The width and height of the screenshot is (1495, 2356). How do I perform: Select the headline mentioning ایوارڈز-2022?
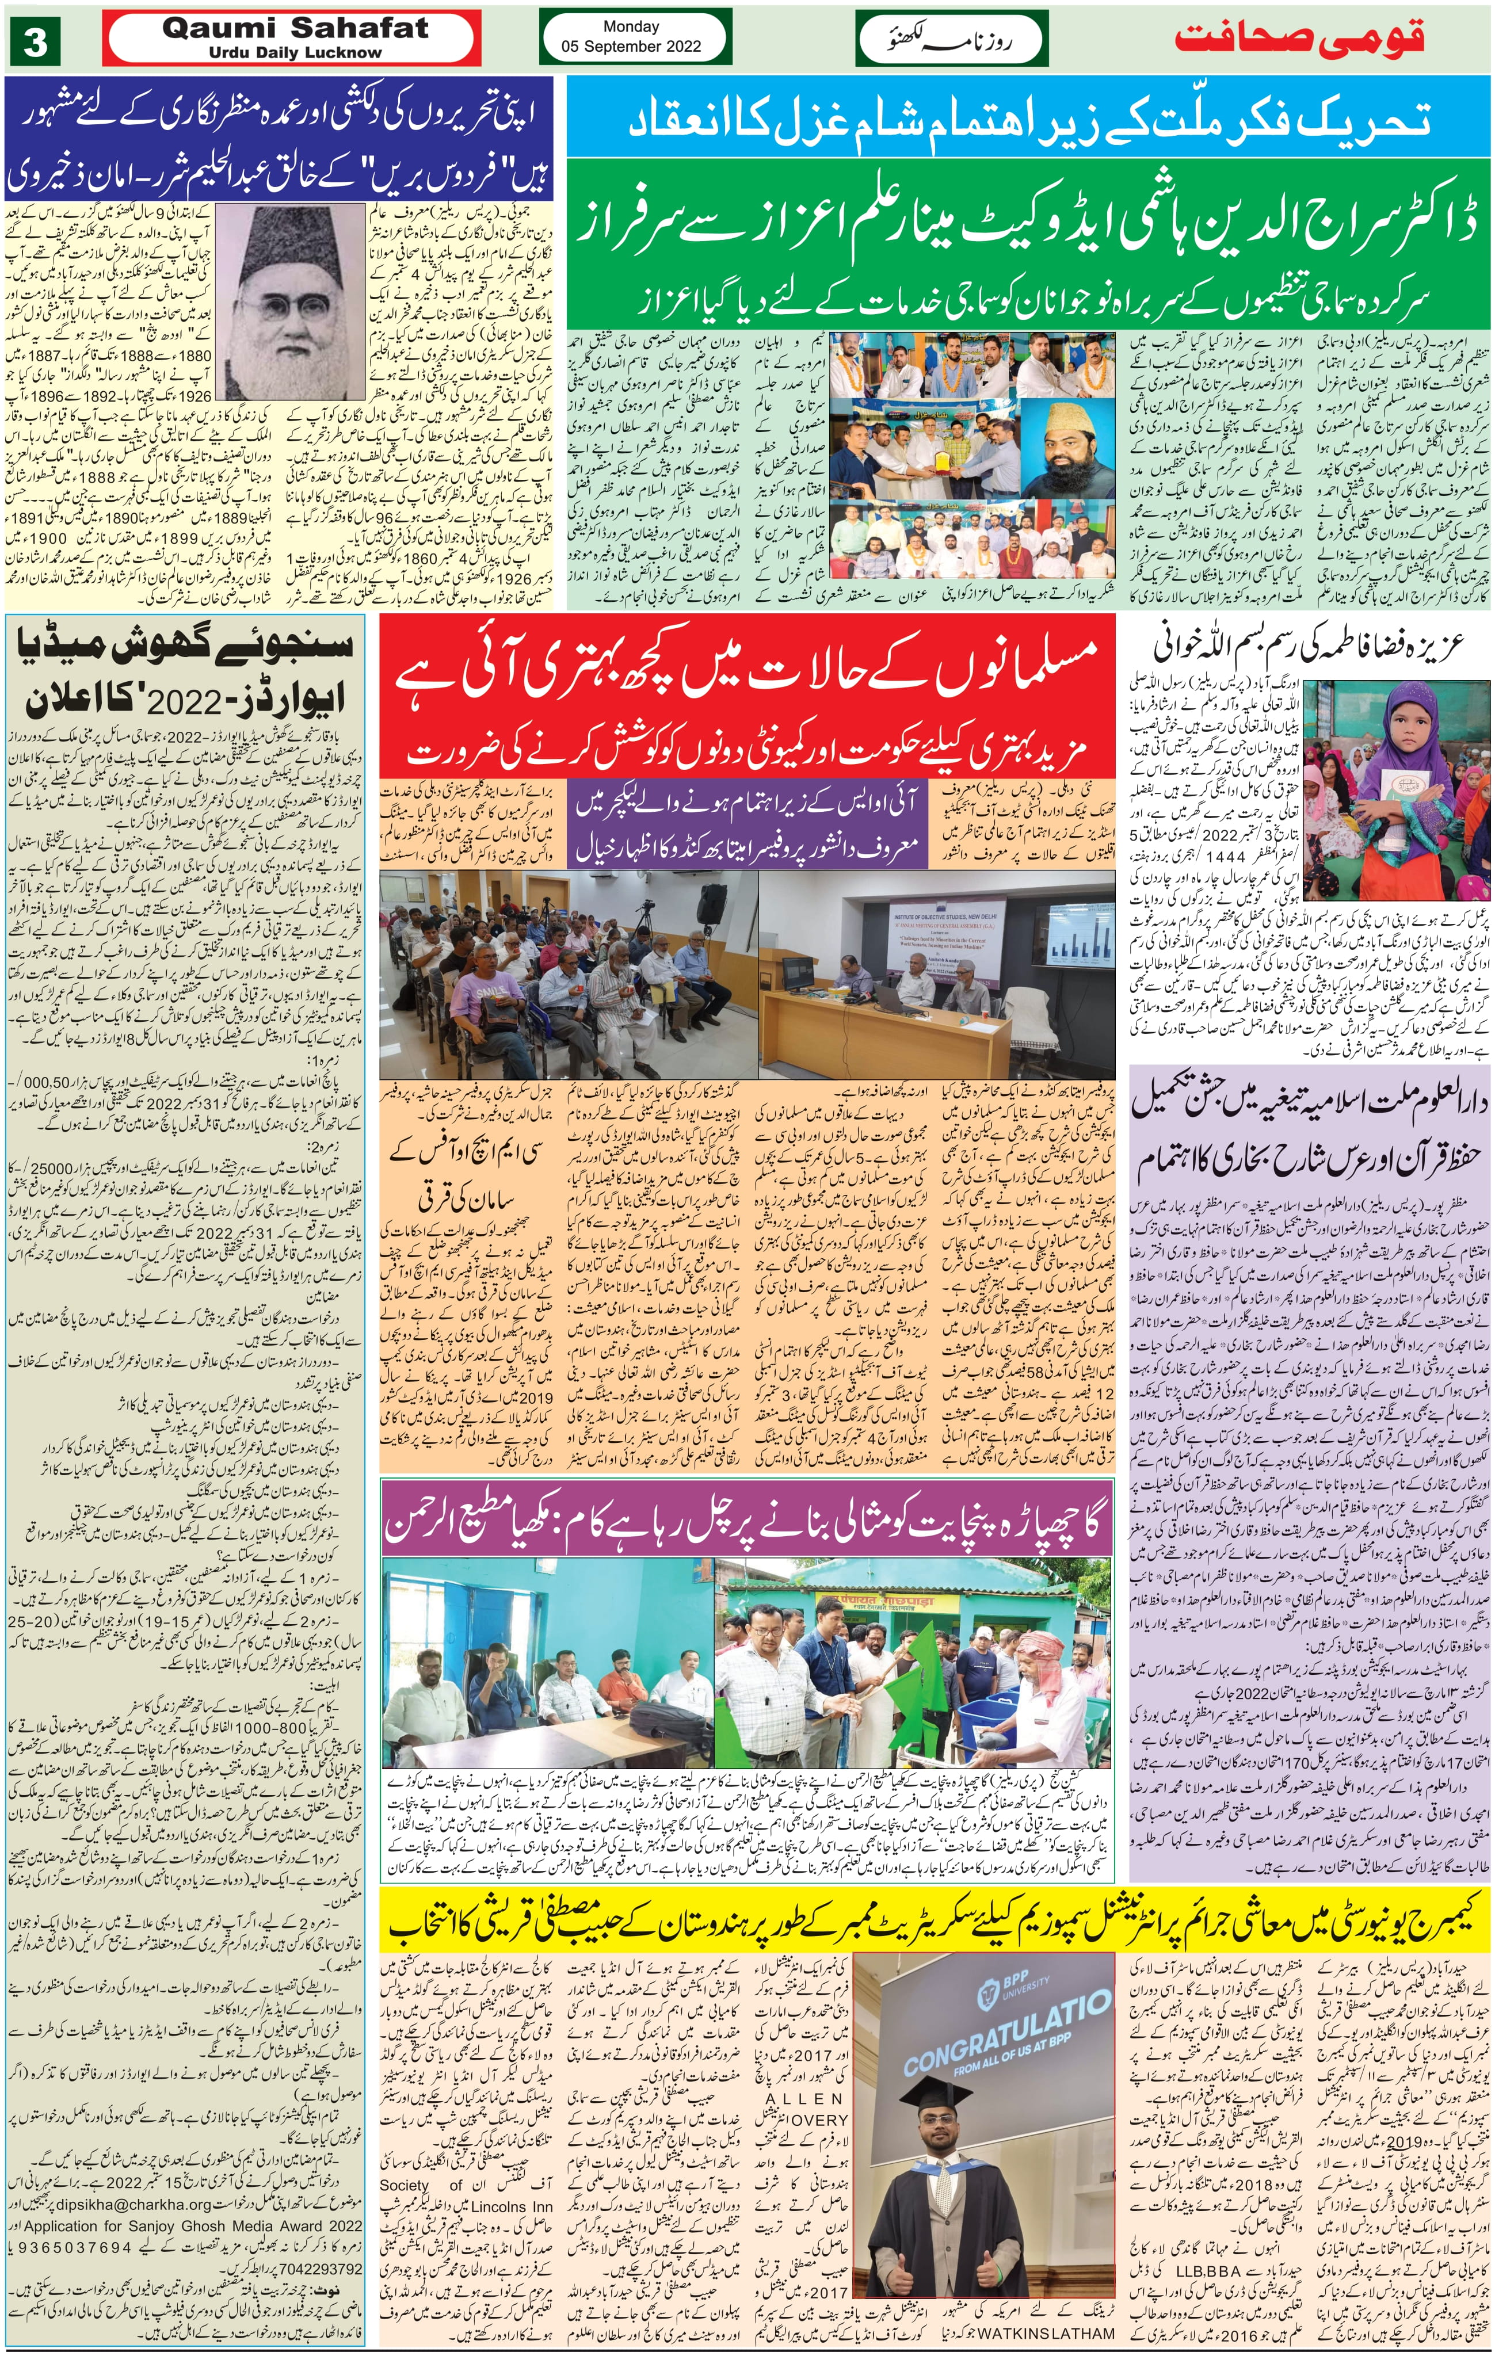click(186, 698)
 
